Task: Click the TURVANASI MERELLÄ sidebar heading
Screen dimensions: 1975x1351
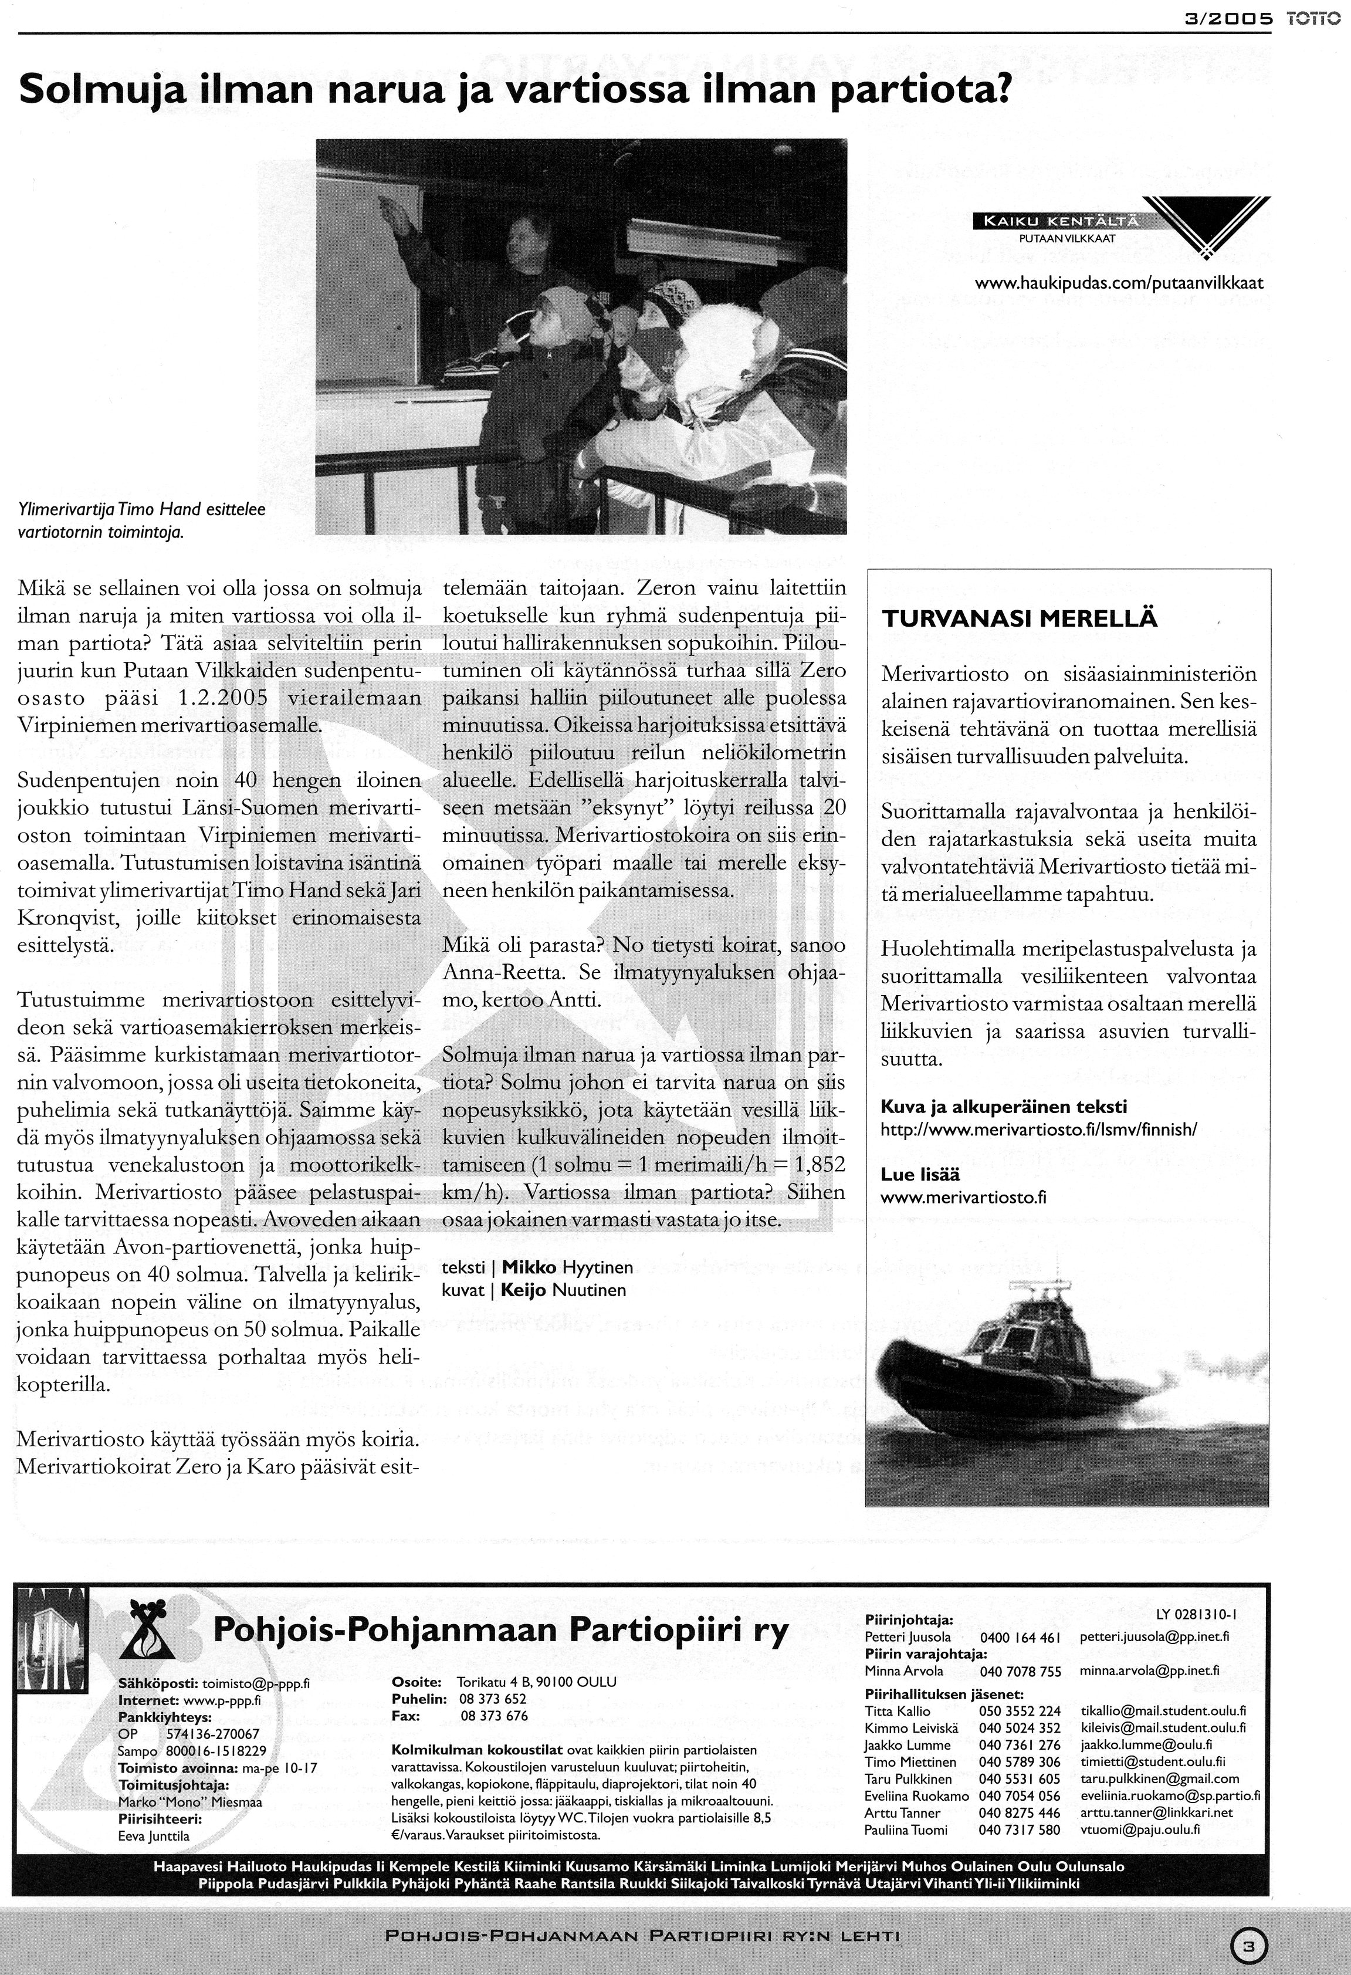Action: (x=1020, y=618)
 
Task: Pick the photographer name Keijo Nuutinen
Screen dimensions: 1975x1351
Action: (x=563, y=1290)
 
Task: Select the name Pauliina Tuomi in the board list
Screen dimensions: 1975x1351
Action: (x=905, y=1829)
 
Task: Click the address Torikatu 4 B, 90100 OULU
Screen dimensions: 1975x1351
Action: (x=536, y=1682)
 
